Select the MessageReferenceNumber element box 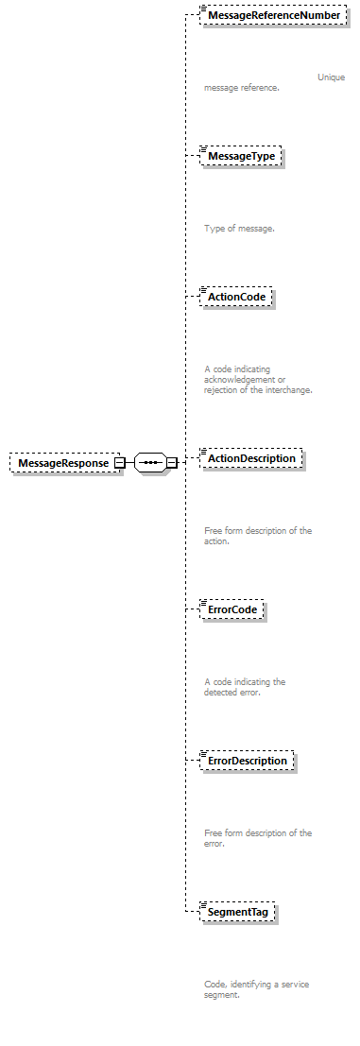coord(274,16)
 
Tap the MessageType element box coord(241,156)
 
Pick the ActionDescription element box coord(251,458)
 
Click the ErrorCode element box coord(232,610)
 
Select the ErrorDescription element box coord(248,761)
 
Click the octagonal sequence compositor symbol coord(150,463)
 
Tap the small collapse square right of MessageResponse coord(119,463)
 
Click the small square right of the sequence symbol coord(172,463)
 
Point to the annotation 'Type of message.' coord(239,229)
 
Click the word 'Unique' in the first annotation coord(331,77)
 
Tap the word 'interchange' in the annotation coord(284,389)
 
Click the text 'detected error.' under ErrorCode coord(231,692)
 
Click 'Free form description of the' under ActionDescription coord(258,531)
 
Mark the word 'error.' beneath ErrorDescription coord(215,843)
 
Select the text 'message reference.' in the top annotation coord(241,88)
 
